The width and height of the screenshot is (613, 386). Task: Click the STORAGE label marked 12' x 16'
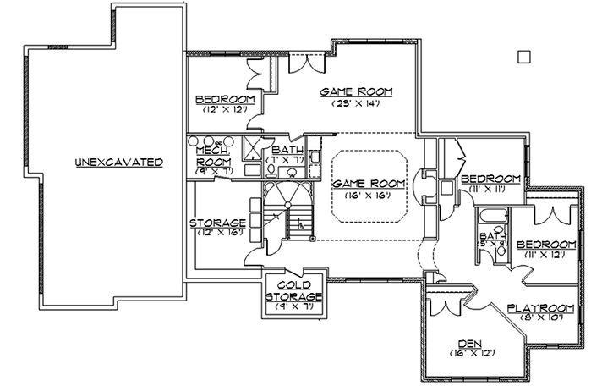[x=216, y=223]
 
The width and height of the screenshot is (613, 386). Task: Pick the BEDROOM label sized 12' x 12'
[x=225, y=97]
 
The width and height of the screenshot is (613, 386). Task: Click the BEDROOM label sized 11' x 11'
[x=490, y=179]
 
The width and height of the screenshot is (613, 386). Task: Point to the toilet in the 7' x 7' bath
[x=272, y=168]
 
